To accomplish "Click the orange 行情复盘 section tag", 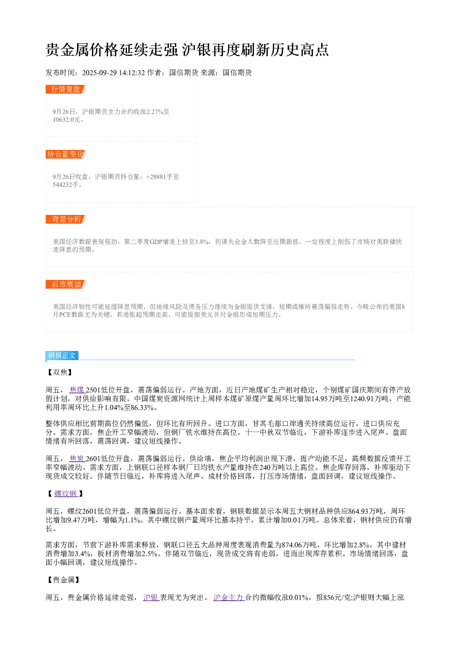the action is (66, 89).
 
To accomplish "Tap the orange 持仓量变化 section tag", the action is (66, 154).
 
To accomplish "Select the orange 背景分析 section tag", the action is (66, 219).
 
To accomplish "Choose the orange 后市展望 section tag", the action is (66, 284).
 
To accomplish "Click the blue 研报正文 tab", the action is (62, 356).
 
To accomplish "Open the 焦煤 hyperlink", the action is (77, 390).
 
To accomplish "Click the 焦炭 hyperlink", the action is (77, 459).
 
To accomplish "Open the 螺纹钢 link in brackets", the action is (66, 493).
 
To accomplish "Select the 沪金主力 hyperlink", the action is (229, 597).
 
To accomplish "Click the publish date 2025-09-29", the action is (99, 73).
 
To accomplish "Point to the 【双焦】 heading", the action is (60, 373).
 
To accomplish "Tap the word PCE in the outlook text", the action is (65, 315).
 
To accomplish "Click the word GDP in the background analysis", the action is (156, 242).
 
